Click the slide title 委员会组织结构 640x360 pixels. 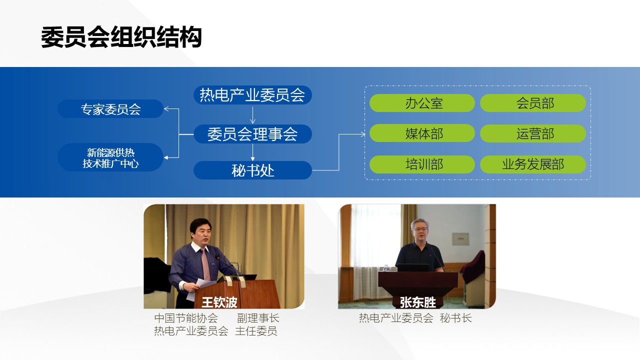[x=121, y=37]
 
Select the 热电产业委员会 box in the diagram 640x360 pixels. [x=252, y=95]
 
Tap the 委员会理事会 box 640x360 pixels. [x=252, y=134]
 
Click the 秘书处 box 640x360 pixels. [x=252, y=170]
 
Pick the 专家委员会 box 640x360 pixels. [x=110, y=109]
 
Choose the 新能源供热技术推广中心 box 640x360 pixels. [x=110, y=157]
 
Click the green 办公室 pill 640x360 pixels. [x=422, y=103]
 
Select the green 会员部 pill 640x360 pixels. [x=533, y=103]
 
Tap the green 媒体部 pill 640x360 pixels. [x=422, y=133]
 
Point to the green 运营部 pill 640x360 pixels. [x=533, y=133]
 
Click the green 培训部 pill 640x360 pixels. [x=422, y=164]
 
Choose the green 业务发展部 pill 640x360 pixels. [x=533, y=164]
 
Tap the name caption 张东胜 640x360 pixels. [x=417, y=302]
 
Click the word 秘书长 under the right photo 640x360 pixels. [x=455, y=318]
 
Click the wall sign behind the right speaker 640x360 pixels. [x=459, y=238]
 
